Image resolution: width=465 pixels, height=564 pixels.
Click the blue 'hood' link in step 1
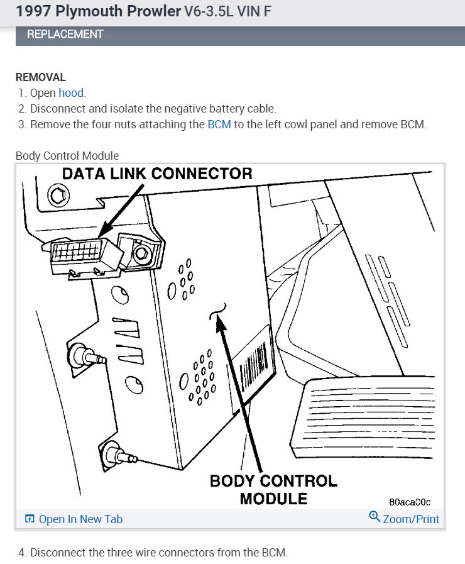pos(71,93)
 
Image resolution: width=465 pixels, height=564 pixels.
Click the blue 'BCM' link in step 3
pos(219,124)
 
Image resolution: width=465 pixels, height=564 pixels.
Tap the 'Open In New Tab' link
pos(80,519)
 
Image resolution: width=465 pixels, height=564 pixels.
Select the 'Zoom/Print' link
pos(411,519)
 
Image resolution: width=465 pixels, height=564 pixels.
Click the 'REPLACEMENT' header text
pos(65,34)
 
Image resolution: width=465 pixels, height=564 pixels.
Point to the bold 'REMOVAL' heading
pos(40,77)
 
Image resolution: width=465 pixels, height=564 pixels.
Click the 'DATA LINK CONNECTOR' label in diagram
pos(156,174)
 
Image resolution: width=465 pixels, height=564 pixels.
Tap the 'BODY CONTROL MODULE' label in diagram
pos(273,489)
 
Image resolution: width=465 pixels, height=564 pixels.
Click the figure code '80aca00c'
pos(410,502)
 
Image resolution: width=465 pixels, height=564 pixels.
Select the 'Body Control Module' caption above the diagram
pos(67,155)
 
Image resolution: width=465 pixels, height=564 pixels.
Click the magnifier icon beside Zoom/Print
pos(375,517)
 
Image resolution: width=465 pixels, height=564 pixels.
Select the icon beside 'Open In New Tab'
pos(30,519)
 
